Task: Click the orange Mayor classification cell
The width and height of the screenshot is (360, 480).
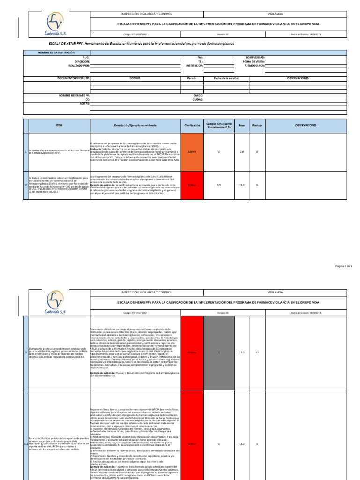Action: [192, 152]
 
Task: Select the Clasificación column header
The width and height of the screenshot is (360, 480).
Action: [192, 125]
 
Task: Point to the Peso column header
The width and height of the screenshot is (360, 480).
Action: [242, 125]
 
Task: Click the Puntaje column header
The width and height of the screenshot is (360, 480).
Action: [257, 125]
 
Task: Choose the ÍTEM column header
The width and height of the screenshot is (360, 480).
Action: [59, 125]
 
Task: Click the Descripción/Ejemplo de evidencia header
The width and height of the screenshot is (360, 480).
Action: [135, 125]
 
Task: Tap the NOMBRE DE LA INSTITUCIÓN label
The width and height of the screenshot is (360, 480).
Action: [56, 53]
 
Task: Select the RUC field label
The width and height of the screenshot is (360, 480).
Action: [85, 57]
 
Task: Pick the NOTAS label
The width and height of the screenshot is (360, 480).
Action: [84, 103]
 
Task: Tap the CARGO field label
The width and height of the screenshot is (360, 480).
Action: [198, 95]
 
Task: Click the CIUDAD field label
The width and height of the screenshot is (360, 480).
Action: [198, 99]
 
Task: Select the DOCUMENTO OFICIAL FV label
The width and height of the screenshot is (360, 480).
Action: [74, 78]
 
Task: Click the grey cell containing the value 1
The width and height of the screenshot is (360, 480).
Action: [219, 352]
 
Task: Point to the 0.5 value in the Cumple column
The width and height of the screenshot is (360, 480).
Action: [219, 185]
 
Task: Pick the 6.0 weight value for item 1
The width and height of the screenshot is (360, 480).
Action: [242, 152]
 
